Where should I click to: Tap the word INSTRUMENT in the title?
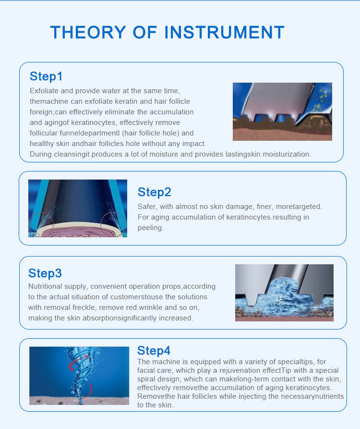tap(225, 32)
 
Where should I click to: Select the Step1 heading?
tap(46, 76)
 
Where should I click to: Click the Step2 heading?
tap(155, 192)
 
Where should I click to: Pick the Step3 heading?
tap(45, 273)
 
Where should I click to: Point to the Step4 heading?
tap(154, 351)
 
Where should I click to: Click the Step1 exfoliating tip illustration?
tap(282, 111)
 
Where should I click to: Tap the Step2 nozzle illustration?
tap(78, 208)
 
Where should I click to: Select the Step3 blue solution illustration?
tap(284, 293)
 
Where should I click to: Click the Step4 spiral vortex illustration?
tap(79, 376)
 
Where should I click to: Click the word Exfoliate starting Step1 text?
tap(44, 91)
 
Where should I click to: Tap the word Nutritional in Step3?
tap(45, 286)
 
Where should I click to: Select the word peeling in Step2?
tap(151, 228)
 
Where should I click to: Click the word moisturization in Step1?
tap(287, 154)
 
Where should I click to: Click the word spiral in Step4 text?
tap(146, 379)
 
